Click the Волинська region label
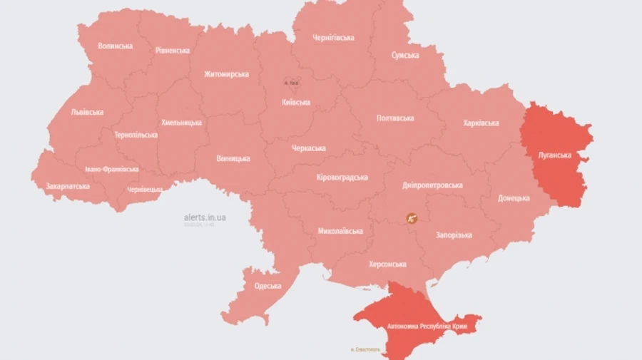[116, 46]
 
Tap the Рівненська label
[173, 51]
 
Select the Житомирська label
[226, 74]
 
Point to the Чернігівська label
[333, 38]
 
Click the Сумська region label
[405, 55]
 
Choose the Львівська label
[87, 112]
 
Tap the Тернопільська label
[136, 135]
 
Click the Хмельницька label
[181, 123]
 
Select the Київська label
[295, 102]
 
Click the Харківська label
[481, 123]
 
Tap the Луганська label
[554, 155]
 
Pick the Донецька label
[514, 198]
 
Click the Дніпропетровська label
[432, 185]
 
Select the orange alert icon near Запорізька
[412, 218]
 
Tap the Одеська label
[267, 286]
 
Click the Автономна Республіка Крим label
[431, 326]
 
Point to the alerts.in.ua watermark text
[205, 217]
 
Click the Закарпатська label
[68, 186]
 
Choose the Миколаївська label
[340, 231]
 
